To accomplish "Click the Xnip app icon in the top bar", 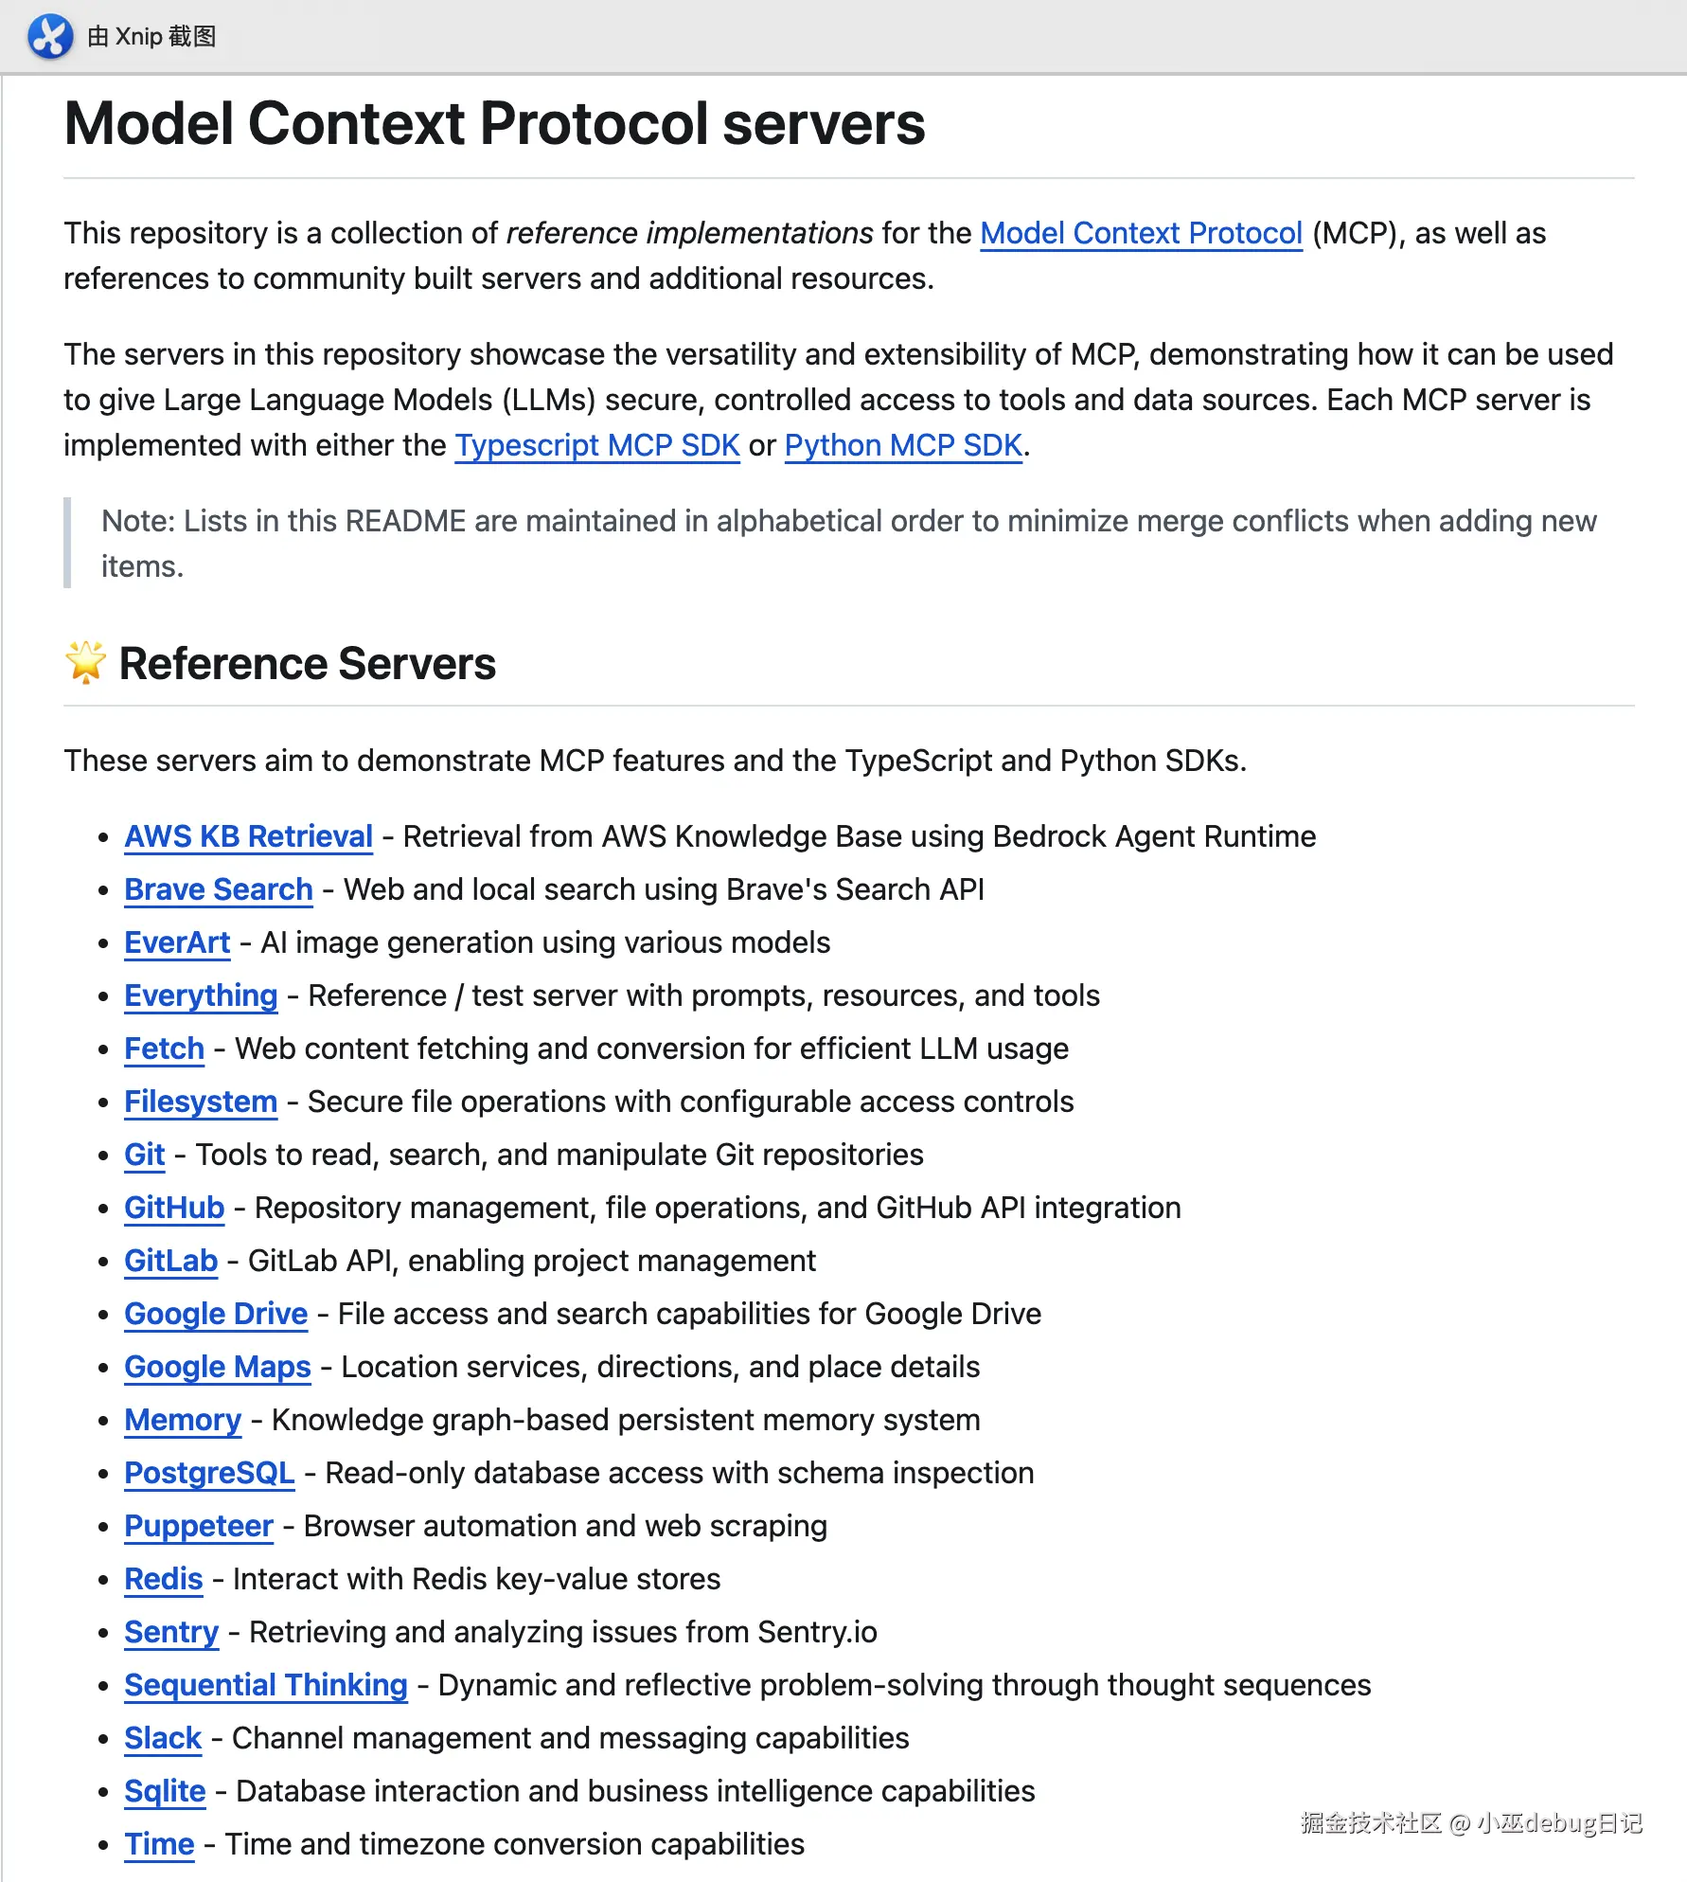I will tap(50, 37).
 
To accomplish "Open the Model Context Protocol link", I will tap(1141, 233).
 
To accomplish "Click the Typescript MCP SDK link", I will tap(597, 445).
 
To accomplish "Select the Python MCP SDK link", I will tap(903, 445).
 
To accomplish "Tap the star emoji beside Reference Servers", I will tap(85, 663).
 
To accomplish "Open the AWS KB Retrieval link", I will tap(248, 836).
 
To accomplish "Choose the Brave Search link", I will tap(219, 889).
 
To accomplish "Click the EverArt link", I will tap(177, 942).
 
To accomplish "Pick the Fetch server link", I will tap(164, 1049).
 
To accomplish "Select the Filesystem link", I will tap(201, 1102).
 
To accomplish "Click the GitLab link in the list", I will tap(170, 1261).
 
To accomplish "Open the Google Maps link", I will tap(218, 1367).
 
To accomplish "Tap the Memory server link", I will tap(183, 1420).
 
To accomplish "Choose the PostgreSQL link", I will tap(209, 1473).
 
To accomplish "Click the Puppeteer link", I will tap(199, 1526).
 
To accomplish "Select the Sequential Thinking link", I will tap(266, 1685).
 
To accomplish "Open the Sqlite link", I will tap(165, 1791).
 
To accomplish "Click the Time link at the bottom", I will tap(159, 1844).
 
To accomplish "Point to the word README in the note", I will tap(405, 521).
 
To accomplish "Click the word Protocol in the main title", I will tap(594, 124).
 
